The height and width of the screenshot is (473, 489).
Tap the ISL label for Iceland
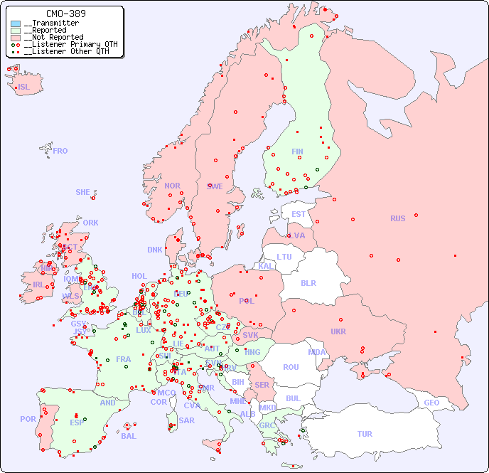[24, 87]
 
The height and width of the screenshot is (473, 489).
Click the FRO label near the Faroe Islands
[60, 151]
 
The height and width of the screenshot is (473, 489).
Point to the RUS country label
[397, 218]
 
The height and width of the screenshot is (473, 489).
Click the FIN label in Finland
[297, 152]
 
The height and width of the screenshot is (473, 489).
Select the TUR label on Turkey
[365, 434]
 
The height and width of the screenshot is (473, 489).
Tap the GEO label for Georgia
[431, 403]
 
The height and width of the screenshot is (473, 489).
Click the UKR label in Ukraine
[338, 331]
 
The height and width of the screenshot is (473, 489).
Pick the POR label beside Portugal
[28, 419]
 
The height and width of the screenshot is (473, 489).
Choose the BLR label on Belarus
[308, 282]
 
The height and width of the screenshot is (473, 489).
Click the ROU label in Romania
[291, 367]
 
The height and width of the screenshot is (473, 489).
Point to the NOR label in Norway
[172, 186]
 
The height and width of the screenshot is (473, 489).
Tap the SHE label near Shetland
[83, 192]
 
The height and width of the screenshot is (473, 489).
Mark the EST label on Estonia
[299, 214]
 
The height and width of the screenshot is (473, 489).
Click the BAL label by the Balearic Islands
[129, 436]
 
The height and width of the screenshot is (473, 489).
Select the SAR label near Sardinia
[187, 420]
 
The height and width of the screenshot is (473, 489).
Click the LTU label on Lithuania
[284, 257]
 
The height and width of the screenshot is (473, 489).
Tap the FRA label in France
[124, 359]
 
